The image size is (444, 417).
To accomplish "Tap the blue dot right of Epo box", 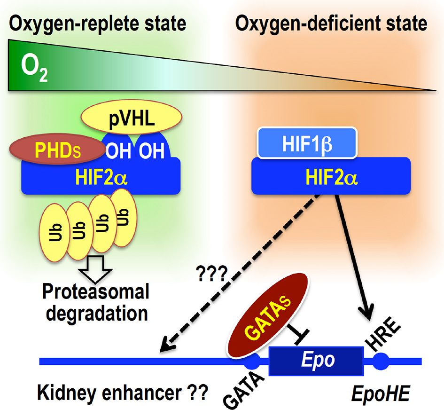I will coord(380,361).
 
